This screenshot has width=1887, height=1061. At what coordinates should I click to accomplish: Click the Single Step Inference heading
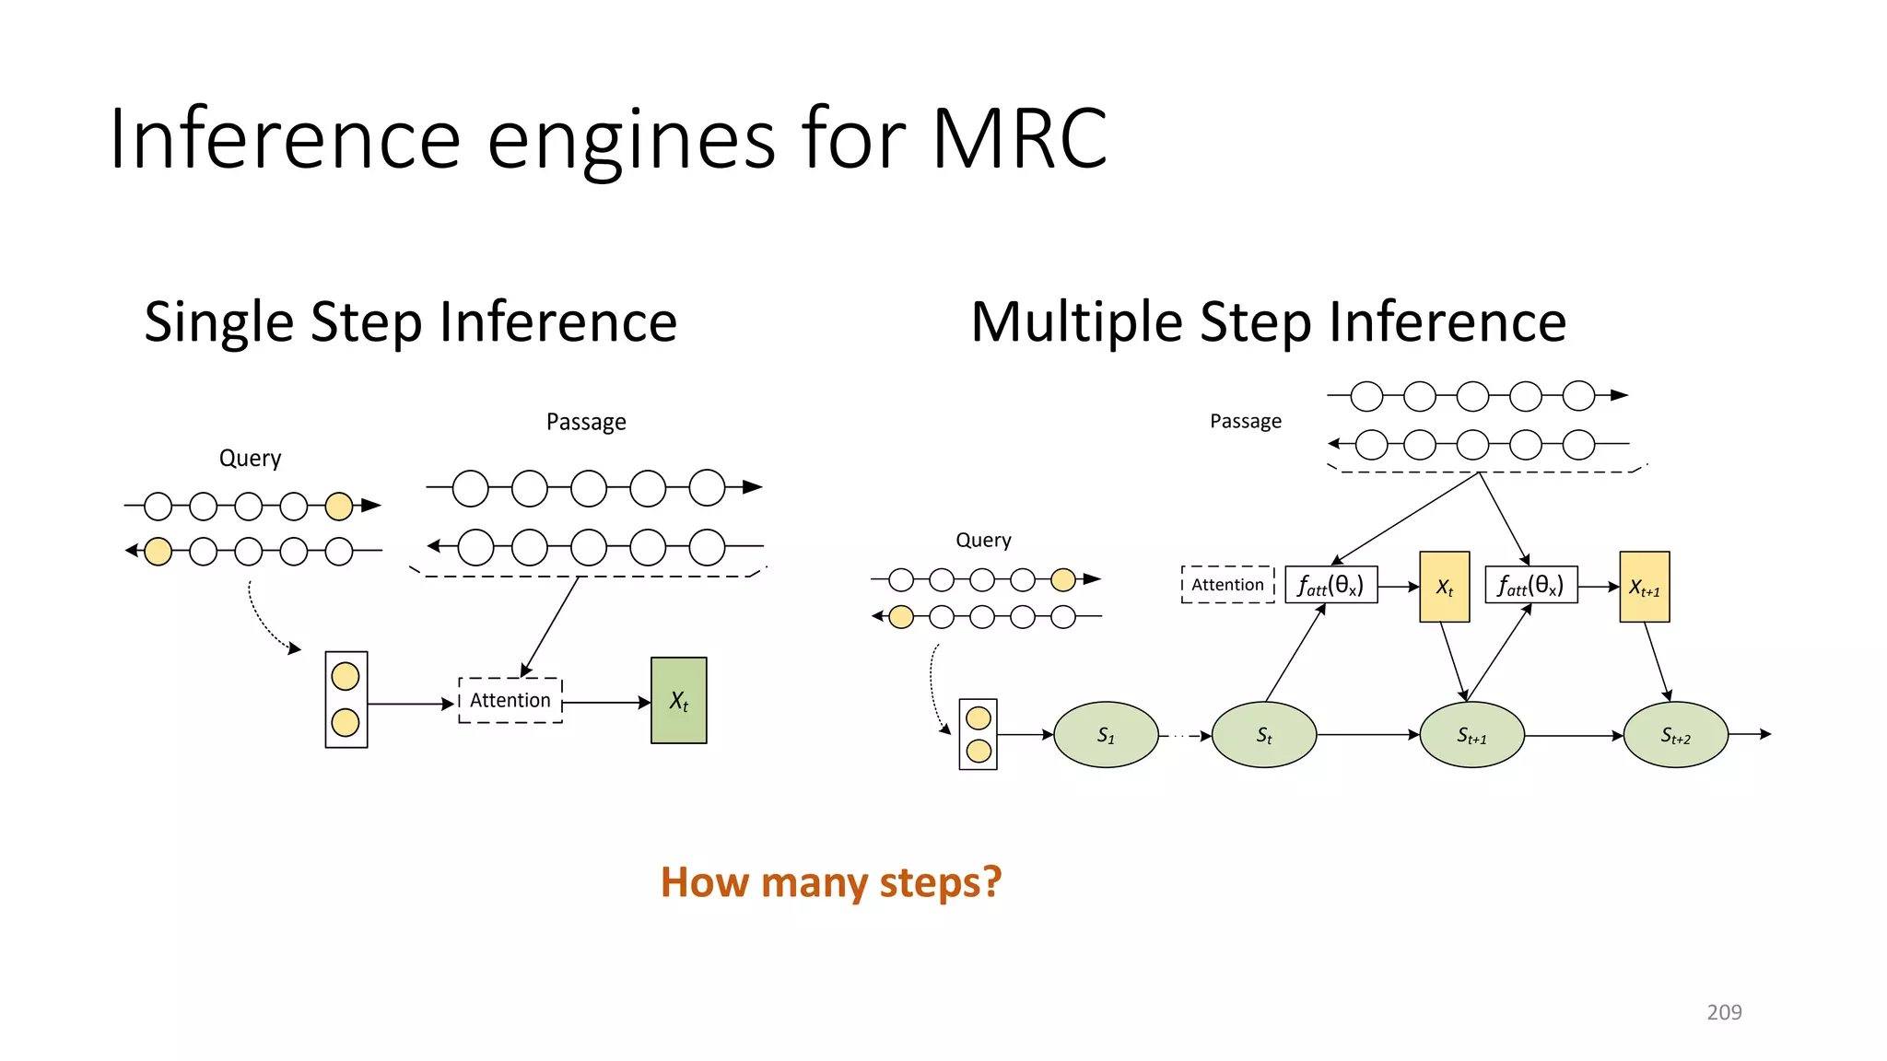(411, 322)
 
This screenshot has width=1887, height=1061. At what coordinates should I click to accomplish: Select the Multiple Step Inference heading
(1268, 322)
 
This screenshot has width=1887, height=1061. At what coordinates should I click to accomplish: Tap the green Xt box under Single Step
(678, 700)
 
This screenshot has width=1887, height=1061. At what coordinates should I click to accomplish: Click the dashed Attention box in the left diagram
(510, 700)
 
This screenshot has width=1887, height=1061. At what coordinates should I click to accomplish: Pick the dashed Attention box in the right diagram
(1227, 585)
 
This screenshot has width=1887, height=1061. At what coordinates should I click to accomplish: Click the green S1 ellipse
(1106, 735)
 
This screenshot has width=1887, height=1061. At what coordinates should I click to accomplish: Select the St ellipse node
(1263, 735)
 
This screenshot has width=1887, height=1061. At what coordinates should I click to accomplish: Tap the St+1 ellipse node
(1471, 735)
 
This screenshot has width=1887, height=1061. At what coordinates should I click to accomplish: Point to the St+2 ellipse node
(1675, 735)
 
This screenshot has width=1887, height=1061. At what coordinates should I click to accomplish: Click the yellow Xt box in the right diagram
(1444, 587)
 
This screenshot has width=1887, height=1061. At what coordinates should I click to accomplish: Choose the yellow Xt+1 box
(1644, 587)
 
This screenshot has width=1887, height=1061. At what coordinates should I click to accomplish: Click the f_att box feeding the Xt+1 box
(1530, 585)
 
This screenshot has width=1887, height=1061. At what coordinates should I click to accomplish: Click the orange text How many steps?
(830, 882)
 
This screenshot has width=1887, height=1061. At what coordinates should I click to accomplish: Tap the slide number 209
(1724, 1012)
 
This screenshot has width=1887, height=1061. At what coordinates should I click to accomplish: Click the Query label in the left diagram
(250, 459)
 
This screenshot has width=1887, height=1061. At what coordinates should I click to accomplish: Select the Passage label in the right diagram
(1245, 422)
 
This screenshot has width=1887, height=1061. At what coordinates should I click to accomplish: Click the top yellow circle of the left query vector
(346, 677)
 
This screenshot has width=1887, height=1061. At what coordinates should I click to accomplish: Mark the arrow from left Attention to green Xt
(605, 703)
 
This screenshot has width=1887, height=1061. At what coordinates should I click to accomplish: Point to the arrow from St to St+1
(1367, 735)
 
